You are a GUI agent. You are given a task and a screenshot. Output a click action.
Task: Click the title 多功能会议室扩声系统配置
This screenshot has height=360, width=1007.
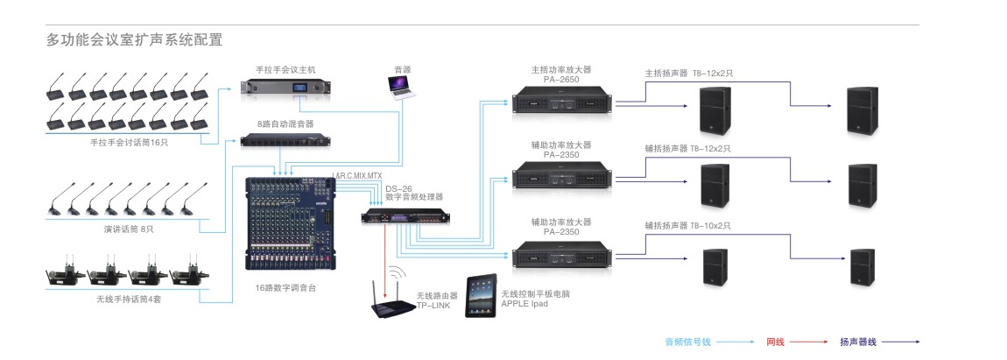134,40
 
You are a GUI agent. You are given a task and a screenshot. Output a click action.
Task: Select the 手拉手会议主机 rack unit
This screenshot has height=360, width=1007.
287,88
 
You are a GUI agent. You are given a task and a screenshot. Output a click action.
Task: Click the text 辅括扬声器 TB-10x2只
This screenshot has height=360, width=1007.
687,225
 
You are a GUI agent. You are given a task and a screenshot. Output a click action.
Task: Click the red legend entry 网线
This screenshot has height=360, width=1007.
775,342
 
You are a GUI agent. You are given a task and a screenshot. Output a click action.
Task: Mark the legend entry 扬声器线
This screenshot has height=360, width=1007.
858,342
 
